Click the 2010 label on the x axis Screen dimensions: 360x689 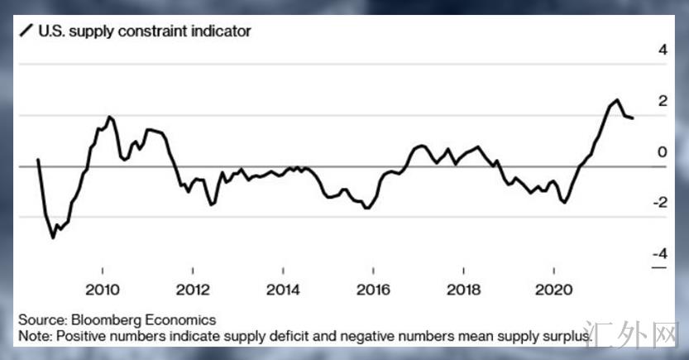tap(103, 291)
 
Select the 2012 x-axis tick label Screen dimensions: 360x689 tap(193, 291)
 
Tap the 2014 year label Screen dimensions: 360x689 tap(283, 291)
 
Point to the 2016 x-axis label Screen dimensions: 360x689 tap(373, 291)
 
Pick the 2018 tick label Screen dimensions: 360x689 tap(464, 291)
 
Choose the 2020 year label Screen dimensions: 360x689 tap(554, 291)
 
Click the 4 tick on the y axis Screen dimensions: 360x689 tap(661, 50)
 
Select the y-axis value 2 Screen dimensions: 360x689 tap(661, 101)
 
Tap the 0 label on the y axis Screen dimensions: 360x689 tap(661, 152)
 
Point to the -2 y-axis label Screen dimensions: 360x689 tap(658, 204)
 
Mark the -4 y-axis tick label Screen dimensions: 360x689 tap(658, 254)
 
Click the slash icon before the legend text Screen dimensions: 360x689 tap(25, 32)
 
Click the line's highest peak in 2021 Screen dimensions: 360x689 tap(617, 100)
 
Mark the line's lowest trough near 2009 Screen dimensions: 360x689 tap(54, 238)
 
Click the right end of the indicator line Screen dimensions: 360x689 tap(634, 118)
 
